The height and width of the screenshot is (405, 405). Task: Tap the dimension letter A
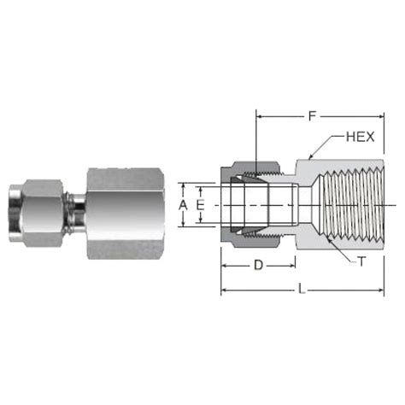[181, 205]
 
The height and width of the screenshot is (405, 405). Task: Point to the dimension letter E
[200, 205]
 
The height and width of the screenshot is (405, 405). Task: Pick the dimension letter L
[302, 291]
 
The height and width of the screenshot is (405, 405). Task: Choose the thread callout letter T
[361, 263]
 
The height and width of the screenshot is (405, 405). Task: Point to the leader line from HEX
[329, 146]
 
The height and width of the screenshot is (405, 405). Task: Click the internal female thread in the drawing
[346, 205]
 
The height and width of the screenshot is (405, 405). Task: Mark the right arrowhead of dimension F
[379, 114]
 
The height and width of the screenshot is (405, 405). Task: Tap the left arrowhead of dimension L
[225, 291]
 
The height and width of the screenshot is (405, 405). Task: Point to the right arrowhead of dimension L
[379, 291]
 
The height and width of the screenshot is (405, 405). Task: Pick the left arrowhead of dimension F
[259, 114]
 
